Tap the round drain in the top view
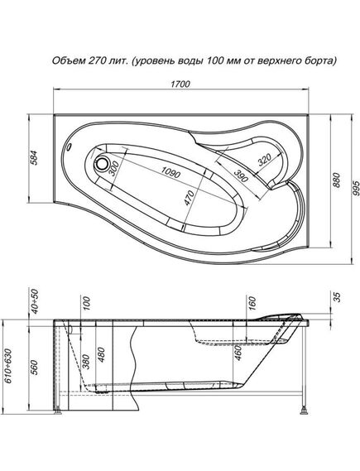click(104, 164)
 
